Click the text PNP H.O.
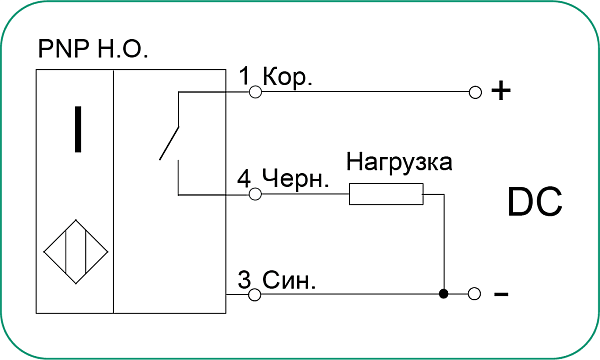point(91,48)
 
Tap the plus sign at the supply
point(501,92)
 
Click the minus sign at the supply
point(501,295)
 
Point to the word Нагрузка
point(399,162)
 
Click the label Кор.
point(286,77)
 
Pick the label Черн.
point(295,179)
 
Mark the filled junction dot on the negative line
point(444,294)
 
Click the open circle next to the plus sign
point(475,92)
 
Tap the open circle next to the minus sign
point(475,294)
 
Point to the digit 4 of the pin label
point(245,179)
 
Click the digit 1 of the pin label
point(245,77)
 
